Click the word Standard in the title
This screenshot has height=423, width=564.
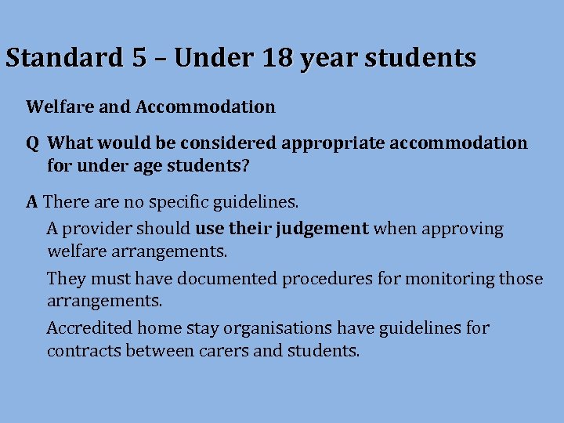pyautogui.click(x=63, y=58)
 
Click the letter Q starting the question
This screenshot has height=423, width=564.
pyautogui.click(x=33, y=143)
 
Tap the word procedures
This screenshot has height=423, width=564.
pyautogui.click(x=327, y=279)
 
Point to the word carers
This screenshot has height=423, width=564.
pyautogui.click(x=226, y=351)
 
